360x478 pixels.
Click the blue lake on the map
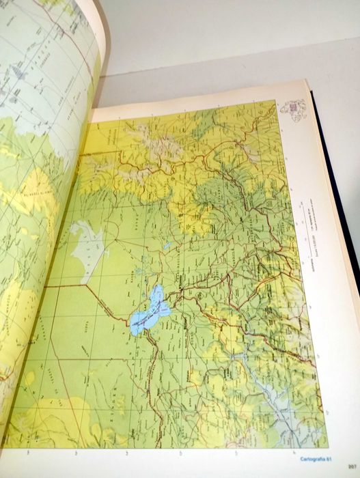point(149,310)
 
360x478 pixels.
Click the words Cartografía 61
point(315,458)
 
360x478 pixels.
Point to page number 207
point(352,466)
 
